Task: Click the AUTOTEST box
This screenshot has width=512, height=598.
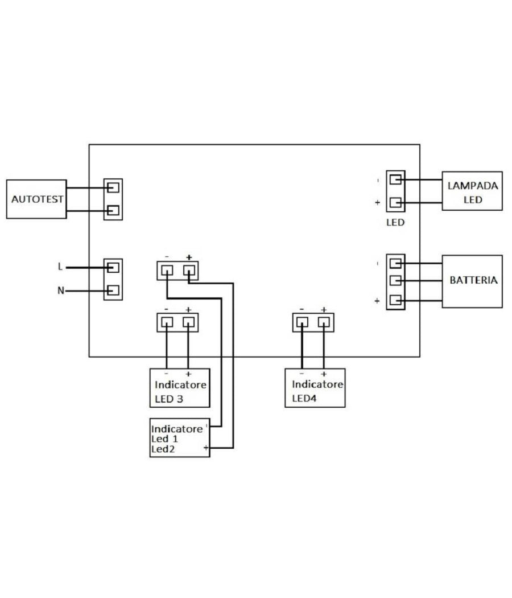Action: tap(36, 199)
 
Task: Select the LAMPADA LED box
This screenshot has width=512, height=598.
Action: tap(472, 191)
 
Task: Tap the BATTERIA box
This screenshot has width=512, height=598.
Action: tap(472, 281)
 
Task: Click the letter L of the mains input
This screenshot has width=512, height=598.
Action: tap(60, 267)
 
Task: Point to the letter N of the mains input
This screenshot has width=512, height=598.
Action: tap(60, 290)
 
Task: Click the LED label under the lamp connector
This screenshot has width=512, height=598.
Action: tap(395, 223)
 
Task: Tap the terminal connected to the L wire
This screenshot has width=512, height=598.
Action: tap(113, 267)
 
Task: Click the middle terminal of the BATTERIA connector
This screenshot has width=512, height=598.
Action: tap(396, 281)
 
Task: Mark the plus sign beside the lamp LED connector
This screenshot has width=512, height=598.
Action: tap(377, 203)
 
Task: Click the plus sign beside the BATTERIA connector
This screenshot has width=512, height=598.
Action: tap(377, 301)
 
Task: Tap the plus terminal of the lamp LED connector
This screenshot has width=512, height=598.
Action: tap(396, 203)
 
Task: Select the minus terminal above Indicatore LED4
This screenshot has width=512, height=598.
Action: tap(302, 322)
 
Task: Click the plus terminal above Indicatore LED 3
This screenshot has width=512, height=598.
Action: tap(188, 322)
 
